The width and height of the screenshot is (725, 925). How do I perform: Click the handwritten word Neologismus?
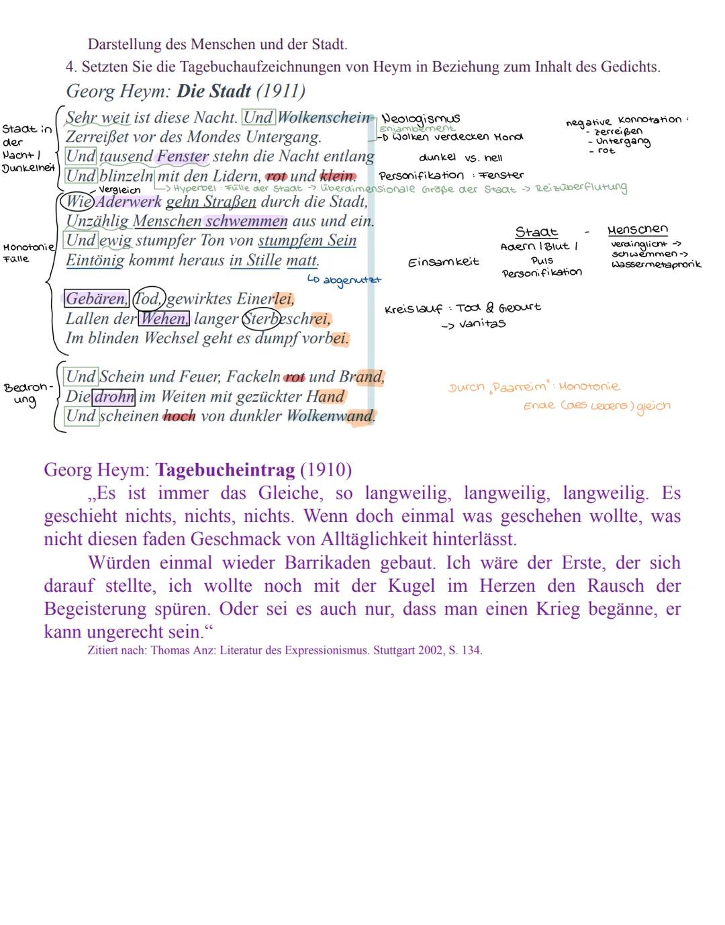421,119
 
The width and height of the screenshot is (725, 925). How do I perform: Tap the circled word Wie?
77,202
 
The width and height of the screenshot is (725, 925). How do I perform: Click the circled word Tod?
148,298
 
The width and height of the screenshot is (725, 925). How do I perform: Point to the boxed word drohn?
113,397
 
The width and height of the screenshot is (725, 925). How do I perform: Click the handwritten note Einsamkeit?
443,262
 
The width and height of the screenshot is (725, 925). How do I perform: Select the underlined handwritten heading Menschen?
638,230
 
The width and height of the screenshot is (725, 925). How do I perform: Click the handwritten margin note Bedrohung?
27,394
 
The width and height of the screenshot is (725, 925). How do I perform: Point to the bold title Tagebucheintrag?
225,470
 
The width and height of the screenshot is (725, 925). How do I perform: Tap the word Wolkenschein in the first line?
324,118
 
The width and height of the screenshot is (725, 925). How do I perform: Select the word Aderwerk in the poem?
129,202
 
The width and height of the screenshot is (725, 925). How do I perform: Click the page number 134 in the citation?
471,650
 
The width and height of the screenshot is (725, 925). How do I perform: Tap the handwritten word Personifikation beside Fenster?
421,176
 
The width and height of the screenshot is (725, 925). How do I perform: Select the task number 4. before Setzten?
71,67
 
